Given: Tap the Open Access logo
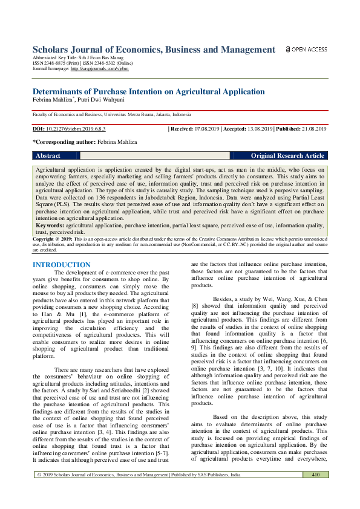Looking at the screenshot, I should tap(306, 50).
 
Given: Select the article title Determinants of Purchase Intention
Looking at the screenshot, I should tap(148, 92).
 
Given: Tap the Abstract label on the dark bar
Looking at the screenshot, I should tap(48, 155).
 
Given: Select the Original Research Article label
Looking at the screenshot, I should tap(287, 155).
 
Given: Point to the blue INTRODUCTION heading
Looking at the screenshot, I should tap(61, 265).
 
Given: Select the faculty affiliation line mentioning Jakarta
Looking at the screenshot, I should tap(112, 114).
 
